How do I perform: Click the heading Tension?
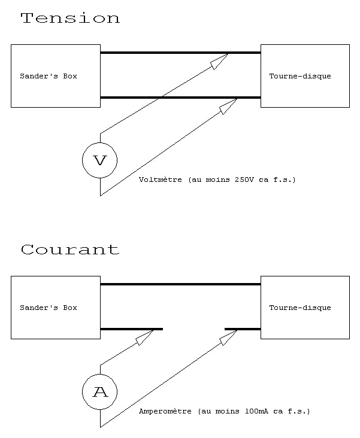[70, 18]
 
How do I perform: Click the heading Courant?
[70, 250]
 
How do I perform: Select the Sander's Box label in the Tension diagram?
[48, 76]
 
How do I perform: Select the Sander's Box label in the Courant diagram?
[48, 308]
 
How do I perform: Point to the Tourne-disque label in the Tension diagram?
[300, 76]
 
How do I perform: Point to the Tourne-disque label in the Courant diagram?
[300, 308]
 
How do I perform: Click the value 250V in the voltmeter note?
[244, 180]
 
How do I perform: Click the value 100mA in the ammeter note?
[256, 411]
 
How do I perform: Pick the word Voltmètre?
[161, 180]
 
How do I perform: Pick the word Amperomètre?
[165, 411]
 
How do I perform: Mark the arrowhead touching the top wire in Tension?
[220, 62]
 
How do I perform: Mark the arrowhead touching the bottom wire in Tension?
[229, 106]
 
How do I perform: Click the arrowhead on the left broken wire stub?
[144, 337]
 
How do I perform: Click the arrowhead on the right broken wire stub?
[229, 337]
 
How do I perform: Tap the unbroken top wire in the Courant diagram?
[180, 284]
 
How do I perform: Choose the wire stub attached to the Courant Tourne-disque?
[243, 329]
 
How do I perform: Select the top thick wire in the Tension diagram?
[180, 53]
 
